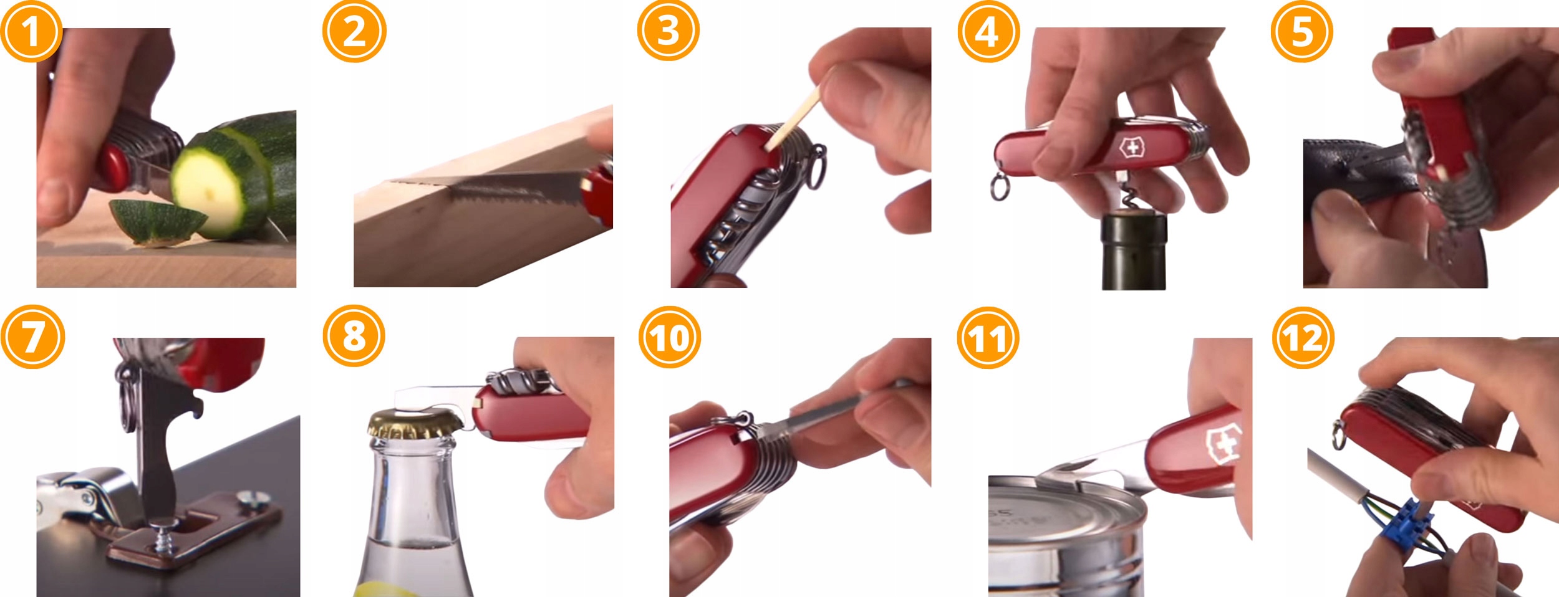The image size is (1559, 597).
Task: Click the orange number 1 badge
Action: click(x=31, y=31)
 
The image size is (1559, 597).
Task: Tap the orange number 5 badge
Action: click(x=1302, y=31)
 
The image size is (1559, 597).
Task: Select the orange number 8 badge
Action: click(x=354, y=335)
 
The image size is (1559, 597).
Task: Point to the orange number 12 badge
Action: click(x=1303, y=338)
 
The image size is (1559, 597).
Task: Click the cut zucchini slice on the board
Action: click(x=157, y=221)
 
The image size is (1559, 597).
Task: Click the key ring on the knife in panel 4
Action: click(x=1000, y=187)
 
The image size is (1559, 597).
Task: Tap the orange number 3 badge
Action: click(x=668, y=31)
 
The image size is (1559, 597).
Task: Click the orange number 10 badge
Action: click(x=670, y=337)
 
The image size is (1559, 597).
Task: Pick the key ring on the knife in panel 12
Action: click(x=1338, y=435)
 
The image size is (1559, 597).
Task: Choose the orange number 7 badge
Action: click(x=32, y=337)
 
